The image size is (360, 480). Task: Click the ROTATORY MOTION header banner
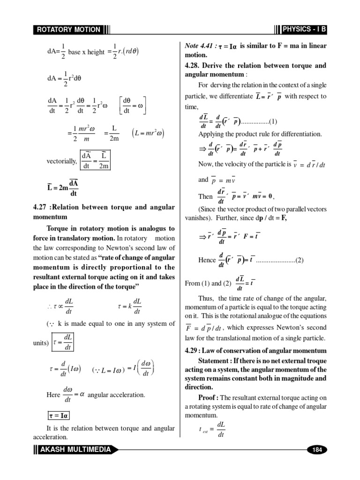68,30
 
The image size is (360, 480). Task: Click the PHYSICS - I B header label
305,30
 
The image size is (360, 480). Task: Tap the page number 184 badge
317,450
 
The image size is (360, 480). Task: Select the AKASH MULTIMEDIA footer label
75,450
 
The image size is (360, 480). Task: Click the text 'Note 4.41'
198,45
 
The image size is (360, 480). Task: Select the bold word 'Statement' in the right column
215,360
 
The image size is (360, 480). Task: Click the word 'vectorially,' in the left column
62,161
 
